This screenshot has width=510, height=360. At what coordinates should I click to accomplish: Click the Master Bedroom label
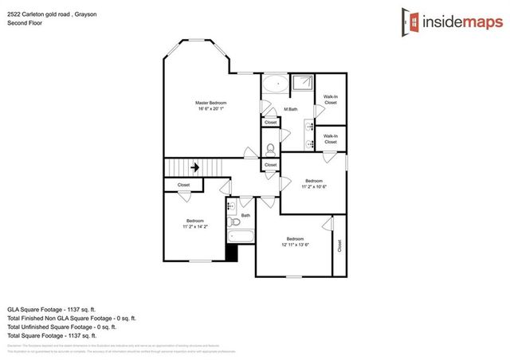(211, 103)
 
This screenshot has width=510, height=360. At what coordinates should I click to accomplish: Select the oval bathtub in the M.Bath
(276, 83)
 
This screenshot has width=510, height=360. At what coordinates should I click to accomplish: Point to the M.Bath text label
(291, 109)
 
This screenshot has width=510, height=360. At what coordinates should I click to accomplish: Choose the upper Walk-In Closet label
(331, 100)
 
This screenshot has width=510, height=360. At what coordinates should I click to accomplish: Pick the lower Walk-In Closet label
(331, 139)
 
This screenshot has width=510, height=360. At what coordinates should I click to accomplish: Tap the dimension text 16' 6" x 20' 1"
(211, 110)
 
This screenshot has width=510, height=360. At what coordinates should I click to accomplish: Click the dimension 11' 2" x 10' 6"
(315, 187)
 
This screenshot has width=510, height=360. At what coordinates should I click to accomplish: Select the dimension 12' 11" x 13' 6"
(295, 245)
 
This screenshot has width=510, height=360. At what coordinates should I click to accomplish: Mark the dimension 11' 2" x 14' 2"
(195, 227)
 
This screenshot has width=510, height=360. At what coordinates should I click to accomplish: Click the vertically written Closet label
(339, 246)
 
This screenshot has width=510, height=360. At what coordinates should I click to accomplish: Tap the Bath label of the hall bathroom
(246, 215)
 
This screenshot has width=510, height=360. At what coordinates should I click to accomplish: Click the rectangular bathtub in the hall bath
(240, 237)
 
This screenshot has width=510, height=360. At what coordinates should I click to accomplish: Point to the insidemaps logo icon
(413, 21)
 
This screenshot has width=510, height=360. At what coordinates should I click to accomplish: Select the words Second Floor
(23, 23)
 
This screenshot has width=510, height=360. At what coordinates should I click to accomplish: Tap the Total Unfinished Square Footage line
(62, 327)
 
